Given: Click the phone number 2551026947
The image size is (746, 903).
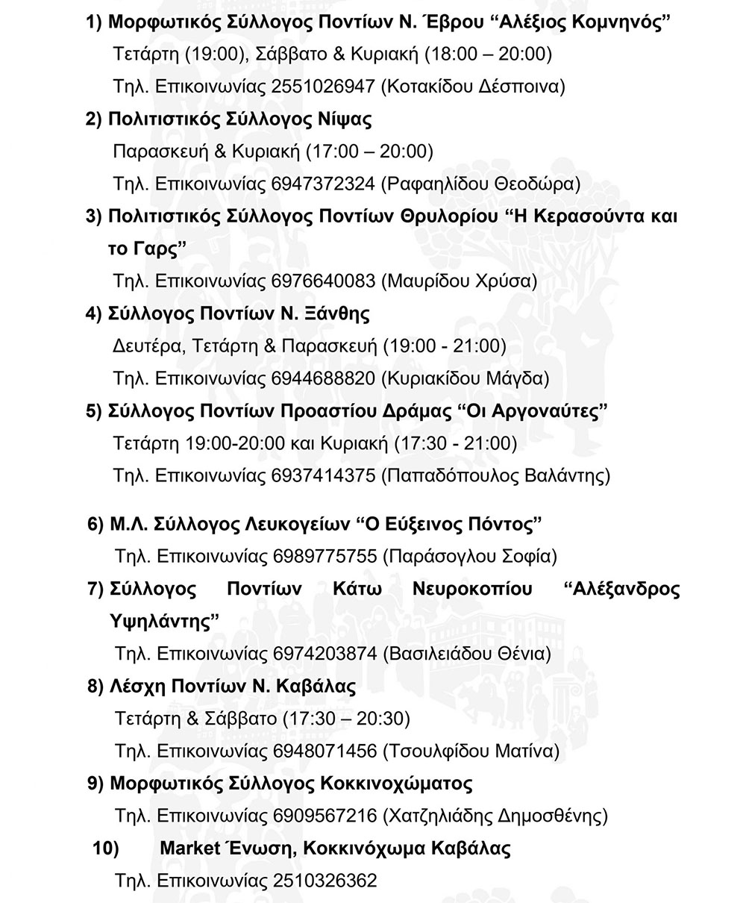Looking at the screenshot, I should (324, 87).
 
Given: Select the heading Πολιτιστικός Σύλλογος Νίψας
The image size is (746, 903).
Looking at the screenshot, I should (239, 119).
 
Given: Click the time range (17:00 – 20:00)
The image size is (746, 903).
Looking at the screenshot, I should (370, 151).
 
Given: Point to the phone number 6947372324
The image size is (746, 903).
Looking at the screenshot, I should (324, 184).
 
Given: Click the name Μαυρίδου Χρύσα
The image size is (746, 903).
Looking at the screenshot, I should (459, 281).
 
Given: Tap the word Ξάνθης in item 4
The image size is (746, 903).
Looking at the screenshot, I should (337, 313).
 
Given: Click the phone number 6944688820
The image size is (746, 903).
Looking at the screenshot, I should (324, 378).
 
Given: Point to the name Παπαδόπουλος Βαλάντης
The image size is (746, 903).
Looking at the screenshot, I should (495, 475).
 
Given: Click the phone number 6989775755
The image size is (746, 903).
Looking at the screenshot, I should (325, 556).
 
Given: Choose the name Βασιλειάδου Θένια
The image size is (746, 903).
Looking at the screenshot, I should (467, 654).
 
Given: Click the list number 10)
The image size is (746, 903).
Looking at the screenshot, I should (105, 849).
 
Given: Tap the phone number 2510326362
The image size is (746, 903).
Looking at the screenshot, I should (325, 881).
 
